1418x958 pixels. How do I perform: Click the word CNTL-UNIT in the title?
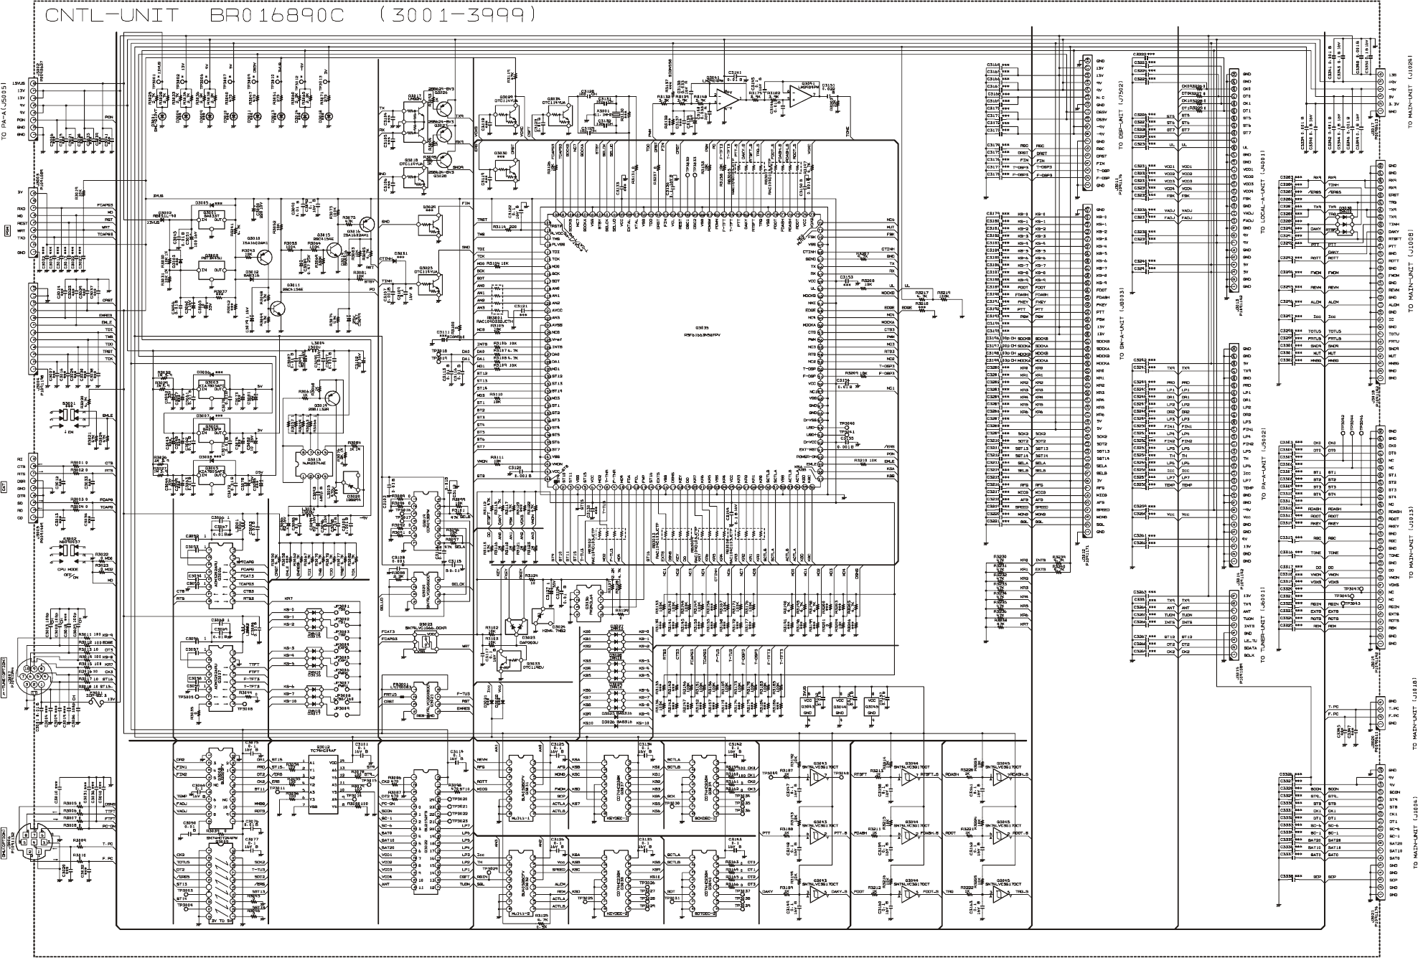click(x=111, y=15)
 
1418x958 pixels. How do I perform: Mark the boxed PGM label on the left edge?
click(x=6, y=232)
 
